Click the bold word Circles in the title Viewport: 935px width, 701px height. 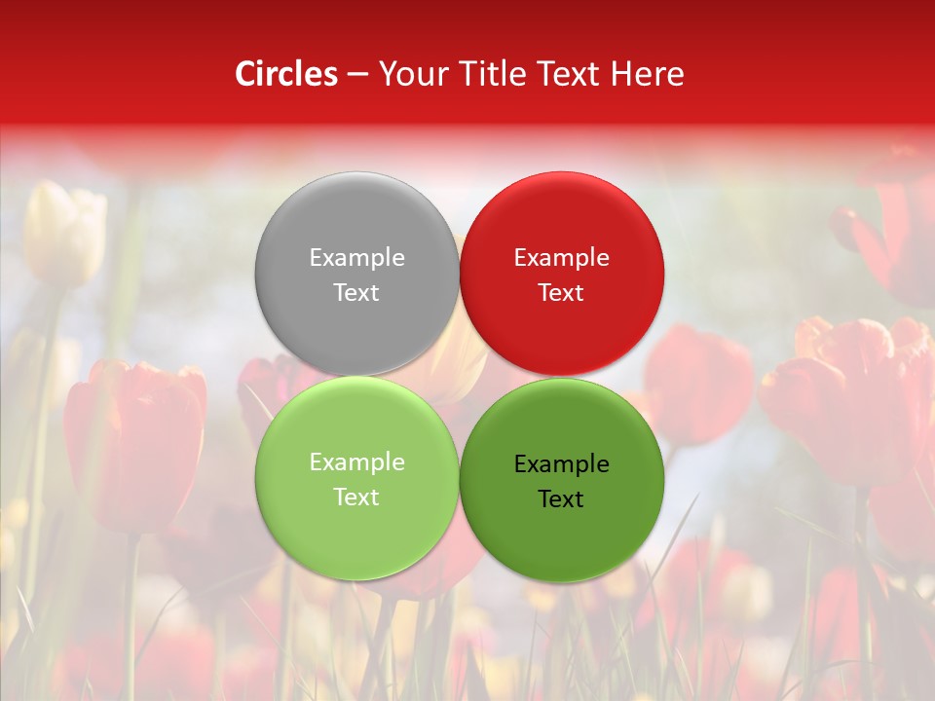(286, 74)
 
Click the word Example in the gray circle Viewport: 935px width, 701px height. (356, 258)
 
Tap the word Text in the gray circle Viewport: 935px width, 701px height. (356, 293)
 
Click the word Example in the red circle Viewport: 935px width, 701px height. (561, 258)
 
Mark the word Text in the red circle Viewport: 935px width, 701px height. (561, 293)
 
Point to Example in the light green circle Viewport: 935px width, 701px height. (356, 462)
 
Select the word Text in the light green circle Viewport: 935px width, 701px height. (356, 498)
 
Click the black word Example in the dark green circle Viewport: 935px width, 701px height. (561, 464)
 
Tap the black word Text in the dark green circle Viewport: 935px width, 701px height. (561, 499)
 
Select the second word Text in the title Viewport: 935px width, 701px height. (566, 74)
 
